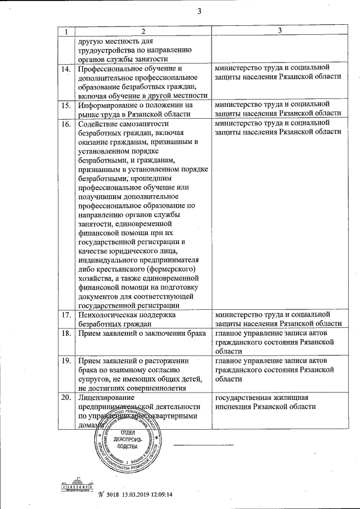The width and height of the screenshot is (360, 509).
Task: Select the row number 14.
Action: [x=66, y=69]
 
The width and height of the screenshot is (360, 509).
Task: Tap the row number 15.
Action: [x=66, y=105]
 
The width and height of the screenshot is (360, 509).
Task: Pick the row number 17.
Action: [x=66, y=314]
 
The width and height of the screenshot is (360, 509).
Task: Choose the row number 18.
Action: [x=66, y=332]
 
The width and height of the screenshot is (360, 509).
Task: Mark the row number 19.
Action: [x=66, y=360]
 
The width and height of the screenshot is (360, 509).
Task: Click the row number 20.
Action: [x=66, y=398]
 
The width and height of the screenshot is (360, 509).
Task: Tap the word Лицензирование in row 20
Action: [x=107, y=398]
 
